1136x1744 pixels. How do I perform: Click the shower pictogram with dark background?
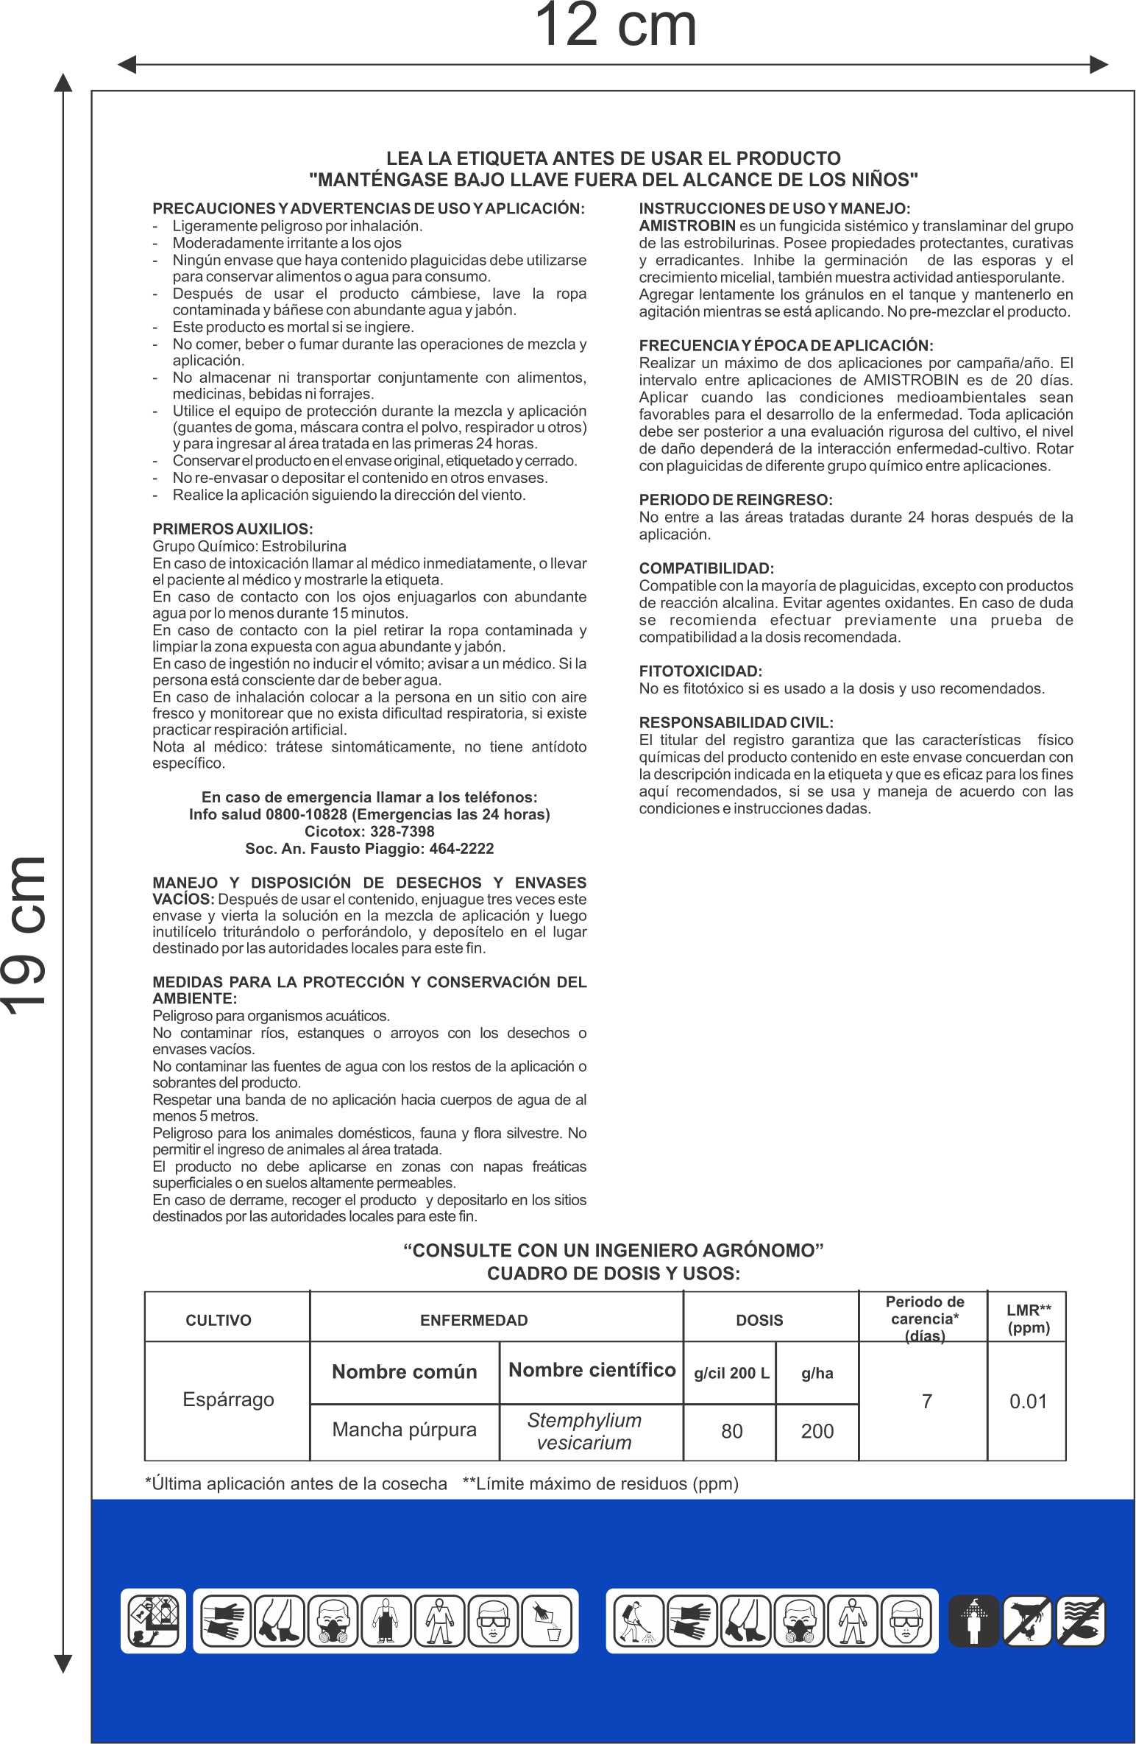pos(973,1620)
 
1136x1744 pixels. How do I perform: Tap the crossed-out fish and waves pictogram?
pos(1081,1620)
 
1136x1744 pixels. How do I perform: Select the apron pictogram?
pos(386,1620)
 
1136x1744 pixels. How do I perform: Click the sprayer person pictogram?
pos(637,1620)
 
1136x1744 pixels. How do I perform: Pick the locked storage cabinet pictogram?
pos(153,1620)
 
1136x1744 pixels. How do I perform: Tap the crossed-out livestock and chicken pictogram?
pos(1027,1620)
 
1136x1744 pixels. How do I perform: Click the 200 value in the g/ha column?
pos(817,1431)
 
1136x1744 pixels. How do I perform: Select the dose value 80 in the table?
pos(731,1431)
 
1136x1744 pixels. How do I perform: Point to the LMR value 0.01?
pos(1027,1401)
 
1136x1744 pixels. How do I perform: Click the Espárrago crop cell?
pos(228,1399)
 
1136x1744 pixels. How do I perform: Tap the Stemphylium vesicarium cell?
pos(584,1431)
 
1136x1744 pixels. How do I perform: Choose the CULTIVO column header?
pos(219,1320)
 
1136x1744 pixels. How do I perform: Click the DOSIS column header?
pos(759,1320)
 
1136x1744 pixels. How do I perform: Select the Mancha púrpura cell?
pos(404,1430)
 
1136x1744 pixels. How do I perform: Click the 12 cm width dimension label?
pos(615,27)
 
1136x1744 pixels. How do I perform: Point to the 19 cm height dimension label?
pos(26,935)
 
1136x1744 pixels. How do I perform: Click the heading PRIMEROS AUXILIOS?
pos(232,529)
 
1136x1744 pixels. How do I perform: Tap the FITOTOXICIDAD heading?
pos(700,671)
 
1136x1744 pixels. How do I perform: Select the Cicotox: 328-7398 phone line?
pos(369,831)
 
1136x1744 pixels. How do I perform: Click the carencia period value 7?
pos(926,1401)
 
